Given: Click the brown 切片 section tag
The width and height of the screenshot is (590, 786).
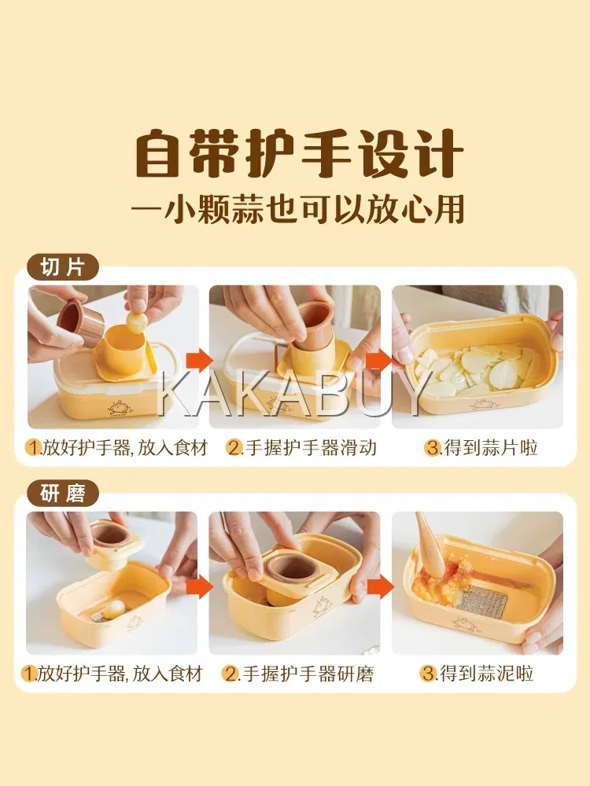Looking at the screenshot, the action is [62, 267].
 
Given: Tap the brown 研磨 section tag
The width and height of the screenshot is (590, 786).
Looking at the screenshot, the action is [62, 494].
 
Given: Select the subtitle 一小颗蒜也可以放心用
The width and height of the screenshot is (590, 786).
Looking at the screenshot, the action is [297, 208].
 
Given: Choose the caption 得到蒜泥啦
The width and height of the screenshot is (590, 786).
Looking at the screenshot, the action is [486, 674].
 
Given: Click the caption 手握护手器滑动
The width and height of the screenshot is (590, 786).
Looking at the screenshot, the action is [309, 448].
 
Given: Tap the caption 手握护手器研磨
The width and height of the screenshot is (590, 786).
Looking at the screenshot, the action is [307, 674].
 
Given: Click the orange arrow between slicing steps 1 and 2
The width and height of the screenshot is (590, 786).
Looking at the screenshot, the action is [198, 361].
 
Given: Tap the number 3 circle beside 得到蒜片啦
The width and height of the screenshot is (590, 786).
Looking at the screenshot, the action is [432, 448].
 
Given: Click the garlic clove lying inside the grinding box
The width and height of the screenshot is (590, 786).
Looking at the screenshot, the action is [112, 608].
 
